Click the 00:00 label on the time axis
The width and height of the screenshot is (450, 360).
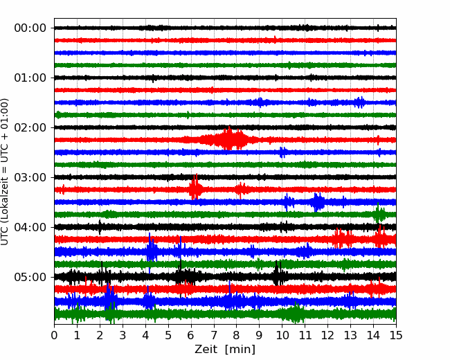[30, 28]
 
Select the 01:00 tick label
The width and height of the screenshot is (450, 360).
[30, 78]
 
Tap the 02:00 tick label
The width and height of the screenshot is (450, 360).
[30, 127]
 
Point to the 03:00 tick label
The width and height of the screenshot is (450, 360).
[30, 177]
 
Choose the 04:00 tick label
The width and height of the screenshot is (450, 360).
[30, 227]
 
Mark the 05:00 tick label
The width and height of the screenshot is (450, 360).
[30, 277]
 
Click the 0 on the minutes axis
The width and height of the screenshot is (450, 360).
[54, 335]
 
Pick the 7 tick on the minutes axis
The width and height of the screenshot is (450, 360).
[214, 335]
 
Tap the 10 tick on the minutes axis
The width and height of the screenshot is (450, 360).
[282, 335]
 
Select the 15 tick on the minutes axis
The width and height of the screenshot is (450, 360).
[396, 335]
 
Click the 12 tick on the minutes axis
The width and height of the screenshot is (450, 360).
[327, 335]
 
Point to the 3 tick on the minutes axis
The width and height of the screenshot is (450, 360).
[123, 335]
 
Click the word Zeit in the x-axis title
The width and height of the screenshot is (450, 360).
[206, 350]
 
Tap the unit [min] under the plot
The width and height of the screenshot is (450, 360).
[240, 350]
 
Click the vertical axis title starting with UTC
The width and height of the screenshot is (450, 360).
[5, 172]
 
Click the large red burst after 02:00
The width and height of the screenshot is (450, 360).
[230, 138]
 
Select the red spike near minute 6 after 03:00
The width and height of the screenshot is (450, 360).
[195, 187]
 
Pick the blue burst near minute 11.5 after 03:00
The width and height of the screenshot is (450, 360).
[317, 202]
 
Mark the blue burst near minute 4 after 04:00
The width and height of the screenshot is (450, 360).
[152, 248]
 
